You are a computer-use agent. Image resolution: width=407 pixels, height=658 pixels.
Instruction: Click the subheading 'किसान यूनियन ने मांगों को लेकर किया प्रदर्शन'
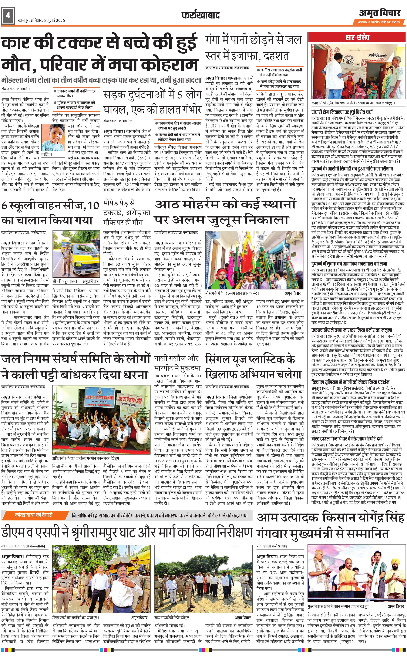350,382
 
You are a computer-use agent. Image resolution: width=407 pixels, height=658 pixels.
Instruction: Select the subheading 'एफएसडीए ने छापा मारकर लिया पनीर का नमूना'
351,330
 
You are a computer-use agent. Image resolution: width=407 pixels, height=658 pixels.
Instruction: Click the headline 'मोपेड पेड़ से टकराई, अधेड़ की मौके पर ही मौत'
127,213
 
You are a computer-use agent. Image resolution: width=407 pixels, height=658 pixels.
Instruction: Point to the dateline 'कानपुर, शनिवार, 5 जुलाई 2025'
41,20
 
